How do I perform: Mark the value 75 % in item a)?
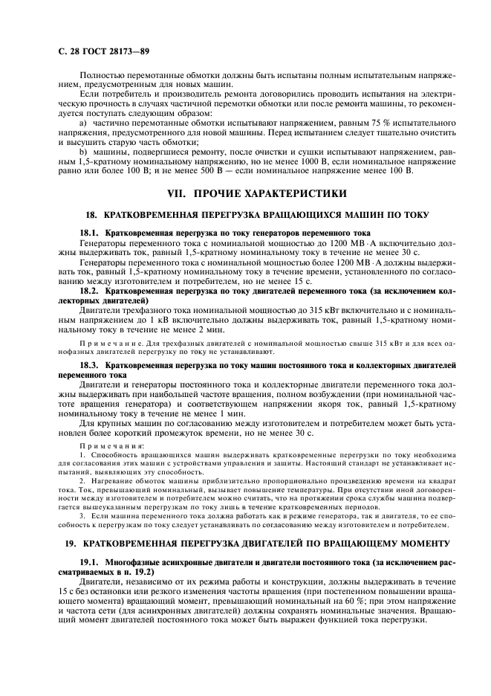[x=361, y=122]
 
